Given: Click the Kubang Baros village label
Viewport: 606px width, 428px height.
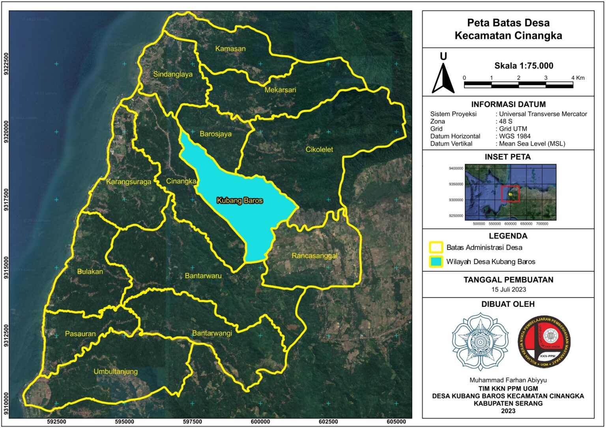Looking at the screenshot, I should pyautogui.click(x=239, y=200).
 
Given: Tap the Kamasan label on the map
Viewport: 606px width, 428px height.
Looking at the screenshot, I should pyautogui.click(x=230, y=49).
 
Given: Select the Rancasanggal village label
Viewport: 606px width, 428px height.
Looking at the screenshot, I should pyautogui.click(x=314, y=256).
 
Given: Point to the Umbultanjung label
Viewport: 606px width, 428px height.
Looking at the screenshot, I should pyautogui.click(x=116, y=371).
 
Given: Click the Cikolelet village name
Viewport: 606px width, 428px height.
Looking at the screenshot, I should pyautogui.click(x=319, y=150).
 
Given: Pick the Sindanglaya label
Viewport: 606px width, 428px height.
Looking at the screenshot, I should pyautogui.click(x=173, y=74).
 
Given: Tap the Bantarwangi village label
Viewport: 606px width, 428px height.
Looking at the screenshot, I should pyautogui.click(x=212, y=333).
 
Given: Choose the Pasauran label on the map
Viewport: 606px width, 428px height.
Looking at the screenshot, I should pyautogui.click(x=80, y=334).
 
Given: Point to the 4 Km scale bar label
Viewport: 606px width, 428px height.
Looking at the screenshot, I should pyautogui.click(x=578, y=78).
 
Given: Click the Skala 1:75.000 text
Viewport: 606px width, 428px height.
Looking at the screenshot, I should pyautogui.click(x=524, y=66).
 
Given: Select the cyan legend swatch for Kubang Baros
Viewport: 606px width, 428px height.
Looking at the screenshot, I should pyautogui.click(x=436, y=262).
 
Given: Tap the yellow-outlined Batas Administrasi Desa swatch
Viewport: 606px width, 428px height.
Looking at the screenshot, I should pyautogui.click(x=436, y=247).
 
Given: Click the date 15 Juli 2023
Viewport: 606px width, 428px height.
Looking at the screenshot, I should pyautogui.click(x=508, y=290).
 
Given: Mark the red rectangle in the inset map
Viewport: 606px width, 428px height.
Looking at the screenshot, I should pyautogui.click(x=510, y=194).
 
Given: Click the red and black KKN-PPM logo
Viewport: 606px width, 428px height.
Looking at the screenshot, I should pyautogui.click(x=544, y=342).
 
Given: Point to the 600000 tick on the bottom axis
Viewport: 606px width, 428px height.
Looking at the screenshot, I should pyautogui.click(x=260, y=422).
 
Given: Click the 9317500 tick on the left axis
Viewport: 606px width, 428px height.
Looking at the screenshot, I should pyautogui.click(x=6, y=200).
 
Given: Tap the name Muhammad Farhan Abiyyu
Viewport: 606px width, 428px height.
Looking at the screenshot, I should pyautogui.click(x=508, y=380).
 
